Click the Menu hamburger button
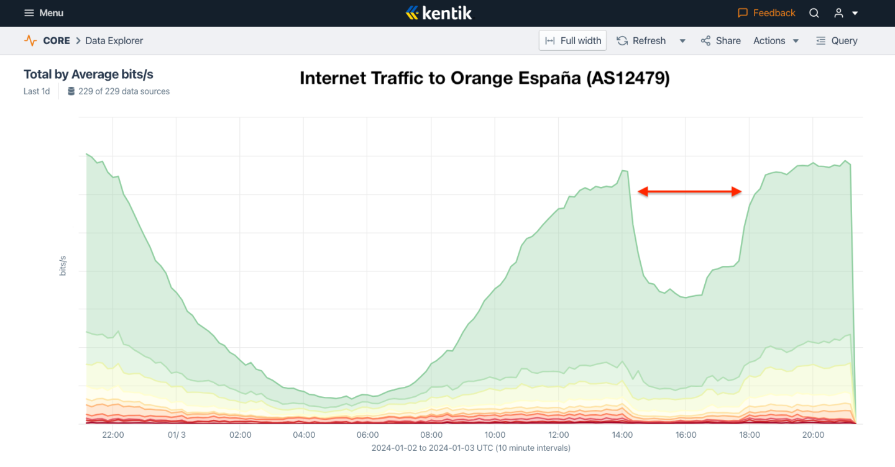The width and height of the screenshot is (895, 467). point(44,13)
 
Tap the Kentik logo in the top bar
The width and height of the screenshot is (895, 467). point(439,12)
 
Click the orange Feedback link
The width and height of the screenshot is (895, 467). point(766,13)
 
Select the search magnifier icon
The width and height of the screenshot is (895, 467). point(814,13)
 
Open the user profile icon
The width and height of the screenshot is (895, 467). point(839,13)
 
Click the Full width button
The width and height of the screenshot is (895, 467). point(572,41)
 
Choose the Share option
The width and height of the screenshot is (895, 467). point(721,41)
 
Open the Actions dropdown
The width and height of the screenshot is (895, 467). point(776,41)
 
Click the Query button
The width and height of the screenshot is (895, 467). point(837,41)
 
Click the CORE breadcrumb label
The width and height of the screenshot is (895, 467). point(56,41)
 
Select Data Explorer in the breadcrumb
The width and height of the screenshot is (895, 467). point(114,41)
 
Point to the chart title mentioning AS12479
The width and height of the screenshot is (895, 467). point(485,78)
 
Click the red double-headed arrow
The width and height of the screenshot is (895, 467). point(690,192)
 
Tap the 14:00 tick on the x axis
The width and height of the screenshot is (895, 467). point(622,435)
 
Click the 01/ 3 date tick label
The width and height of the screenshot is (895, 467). point(177,435)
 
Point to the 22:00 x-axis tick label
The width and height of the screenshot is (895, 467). point(112,435)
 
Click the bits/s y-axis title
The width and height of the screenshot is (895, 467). point(63,265)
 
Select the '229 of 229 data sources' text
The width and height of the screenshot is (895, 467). point(124,91)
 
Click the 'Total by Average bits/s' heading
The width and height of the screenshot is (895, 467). point(88,75)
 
